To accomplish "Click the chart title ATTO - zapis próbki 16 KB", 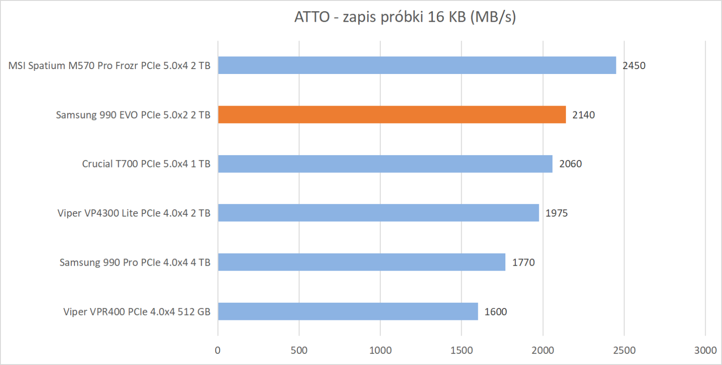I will pyautogui.click(x=405, y=17).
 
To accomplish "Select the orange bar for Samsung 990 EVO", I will pyautogui.click(x=392, y=115).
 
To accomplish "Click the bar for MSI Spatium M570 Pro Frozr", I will pyautogui.click(x=417, y=65).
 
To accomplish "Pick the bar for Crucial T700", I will pyautogui.click(x=385, y=164).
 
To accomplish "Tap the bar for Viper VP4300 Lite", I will pyautogui.click(x=378, y=213).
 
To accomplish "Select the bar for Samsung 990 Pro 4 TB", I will pyautogui.click(x=361, y=262).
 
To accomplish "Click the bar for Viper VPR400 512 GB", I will pyautogui.click(x=348, y=311).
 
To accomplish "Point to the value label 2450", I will pyautogui.click(x=634, y=66).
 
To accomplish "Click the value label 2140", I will pyautogui.click(x=583, y=115).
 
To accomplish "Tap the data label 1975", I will pyautogui.click(x=556, y=213).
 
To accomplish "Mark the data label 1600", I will pyautogui.click(x=495, y=312).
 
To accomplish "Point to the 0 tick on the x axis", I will pyautogui.click(x=218, y=351).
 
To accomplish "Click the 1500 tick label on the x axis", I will pyautogui.click(x=461, y=351).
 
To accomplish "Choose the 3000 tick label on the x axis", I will pyautogui.click(x=705, y=351).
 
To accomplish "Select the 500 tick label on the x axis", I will pyautogui.click(x=299, y=351).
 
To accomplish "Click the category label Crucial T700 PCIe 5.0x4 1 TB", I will pyautogui.click(x=146, y=164).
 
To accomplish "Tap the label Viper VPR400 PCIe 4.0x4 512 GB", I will pyautogui.click(x=137, y=312).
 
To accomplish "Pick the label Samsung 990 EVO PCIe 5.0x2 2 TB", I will pyautogui.click(x=133, y=115).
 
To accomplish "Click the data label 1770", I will pyautogui.click(x=523, y=263).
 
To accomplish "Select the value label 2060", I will pyautogui.click(x=570, y=164).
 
